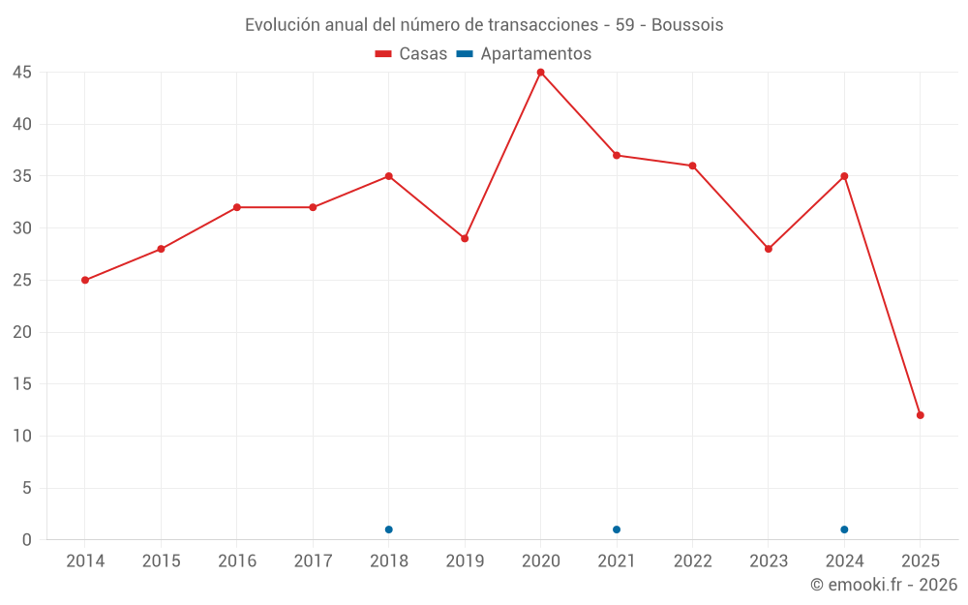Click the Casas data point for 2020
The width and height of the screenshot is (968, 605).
pos(540,73)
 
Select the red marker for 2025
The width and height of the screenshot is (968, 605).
pos(921,415)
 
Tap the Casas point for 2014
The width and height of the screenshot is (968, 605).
pos(85,280)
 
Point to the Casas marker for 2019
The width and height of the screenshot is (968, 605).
pos(465,238)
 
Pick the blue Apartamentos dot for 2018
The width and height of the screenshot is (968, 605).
pos(388,529)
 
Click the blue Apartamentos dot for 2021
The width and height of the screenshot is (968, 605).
pos(617,529)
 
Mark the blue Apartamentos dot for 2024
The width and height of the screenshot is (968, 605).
pos(844,529)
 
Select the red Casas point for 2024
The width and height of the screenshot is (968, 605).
pos(844,176)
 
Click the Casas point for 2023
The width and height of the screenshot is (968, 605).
pos(769,249)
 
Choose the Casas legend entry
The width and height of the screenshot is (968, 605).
pos(411,54)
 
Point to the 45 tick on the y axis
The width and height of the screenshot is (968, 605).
pos(22,73)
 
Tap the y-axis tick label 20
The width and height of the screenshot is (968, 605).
pos(22,332)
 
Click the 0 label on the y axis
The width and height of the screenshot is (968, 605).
pos(27,540)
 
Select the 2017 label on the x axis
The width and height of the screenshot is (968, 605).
pos(313,561)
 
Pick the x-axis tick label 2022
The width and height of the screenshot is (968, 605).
pos(692,561)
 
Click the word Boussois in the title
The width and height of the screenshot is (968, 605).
pos(687,25)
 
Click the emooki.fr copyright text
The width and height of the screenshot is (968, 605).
pos(883,585)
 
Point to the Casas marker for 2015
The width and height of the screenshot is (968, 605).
pos(161,249)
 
